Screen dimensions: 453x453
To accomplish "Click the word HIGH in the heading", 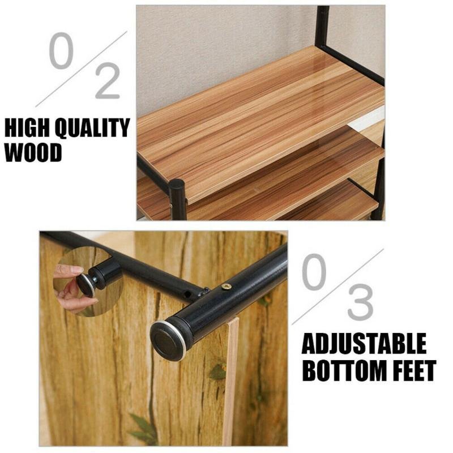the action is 27,128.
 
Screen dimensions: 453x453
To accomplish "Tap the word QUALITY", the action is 92,128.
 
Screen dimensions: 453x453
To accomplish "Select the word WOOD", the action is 33,152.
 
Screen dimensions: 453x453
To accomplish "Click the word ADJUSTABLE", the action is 364,344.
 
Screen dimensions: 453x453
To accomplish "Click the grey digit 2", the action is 107,81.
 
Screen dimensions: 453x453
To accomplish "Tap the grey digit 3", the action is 360,302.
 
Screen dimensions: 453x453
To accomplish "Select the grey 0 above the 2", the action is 61,50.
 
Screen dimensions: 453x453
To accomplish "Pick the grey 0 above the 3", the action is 314,272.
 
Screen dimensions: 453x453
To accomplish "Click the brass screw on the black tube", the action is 226,287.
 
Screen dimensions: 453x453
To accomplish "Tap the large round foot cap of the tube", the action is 168,341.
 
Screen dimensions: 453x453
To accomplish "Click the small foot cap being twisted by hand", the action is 86,285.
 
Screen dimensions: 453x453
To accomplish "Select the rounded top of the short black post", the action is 177,185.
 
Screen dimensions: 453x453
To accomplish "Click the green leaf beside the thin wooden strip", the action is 217,372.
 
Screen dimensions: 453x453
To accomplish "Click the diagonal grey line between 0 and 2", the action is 82,69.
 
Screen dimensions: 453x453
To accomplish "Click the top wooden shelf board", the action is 260,124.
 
